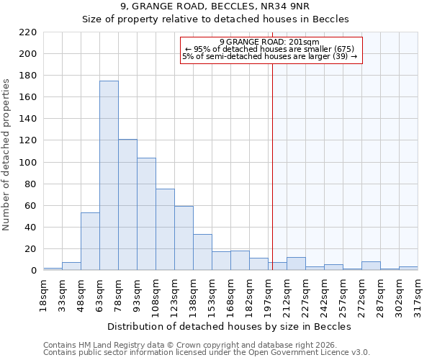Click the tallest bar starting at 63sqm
tap(109, 176)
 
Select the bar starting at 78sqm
tap(127, 204)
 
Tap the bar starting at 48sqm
tap(90, 241)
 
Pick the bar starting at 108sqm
tap(165, 229)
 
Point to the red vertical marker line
tap(273, 166)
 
